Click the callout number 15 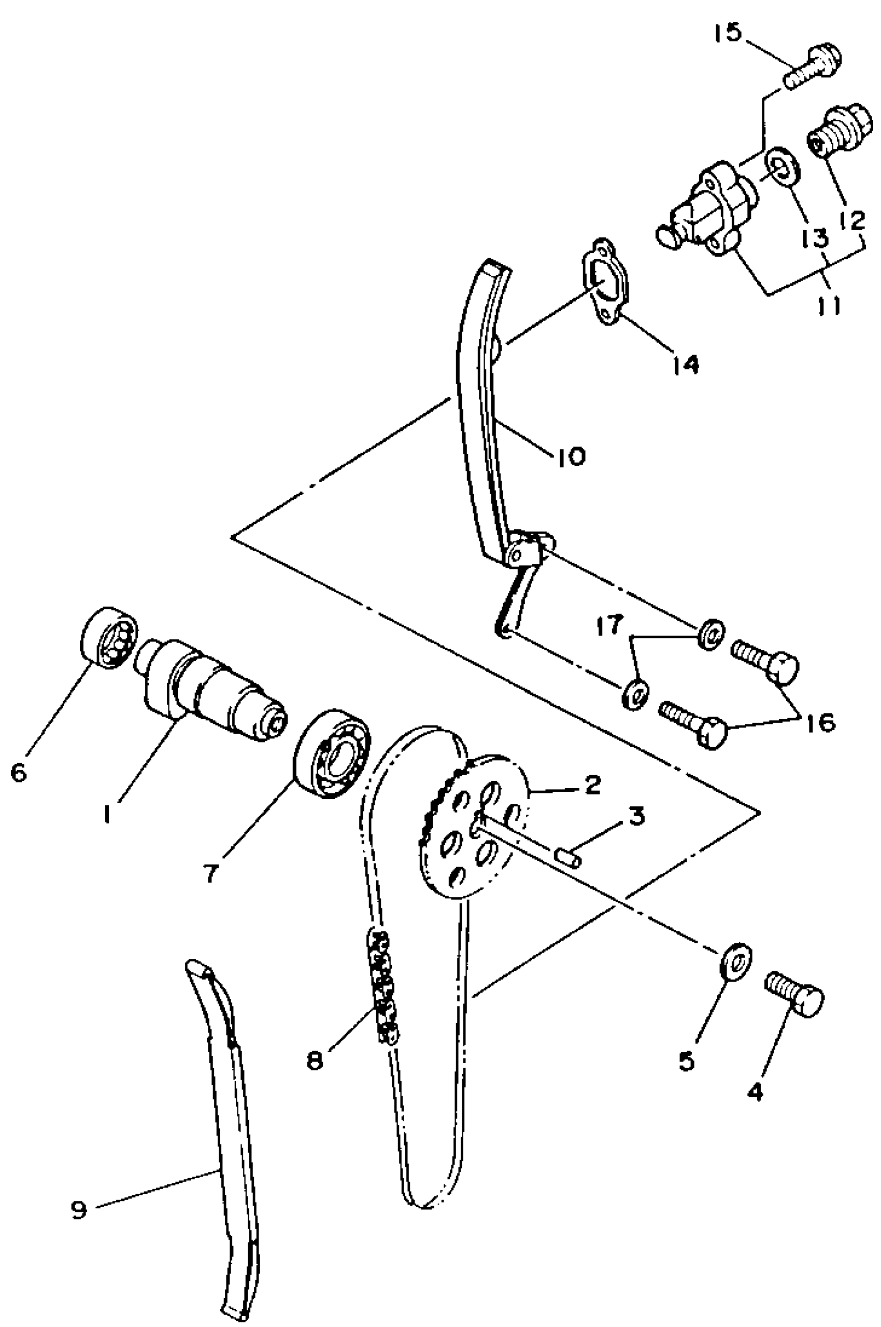(728, 33)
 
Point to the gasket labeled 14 (605, 288)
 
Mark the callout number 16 (822, 723)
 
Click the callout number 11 (829, 306)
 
